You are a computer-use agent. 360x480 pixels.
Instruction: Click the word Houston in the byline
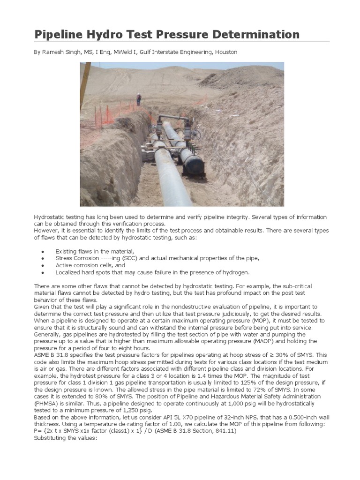[x=226, y=52]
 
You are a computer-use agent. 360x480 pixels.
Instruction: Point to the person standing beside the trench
[x=138, y=99]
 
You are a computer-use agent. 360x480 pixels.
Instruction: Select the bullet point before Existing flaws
[x=43, y=252]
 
